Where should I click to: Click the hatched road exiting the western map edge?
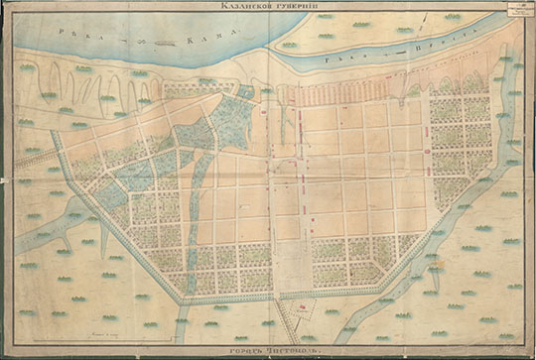(x=35, y=157)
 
